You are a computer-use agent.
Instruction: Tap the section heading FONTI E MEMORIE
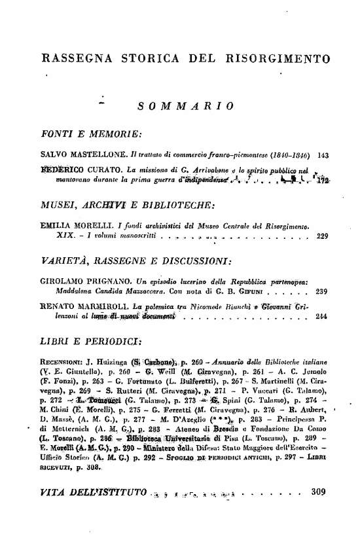[x=92, y=135]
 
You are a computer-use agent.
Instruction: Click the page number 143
[x=322, y=157]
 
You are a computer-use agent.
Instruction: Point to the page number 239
[x=322, y=293]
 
